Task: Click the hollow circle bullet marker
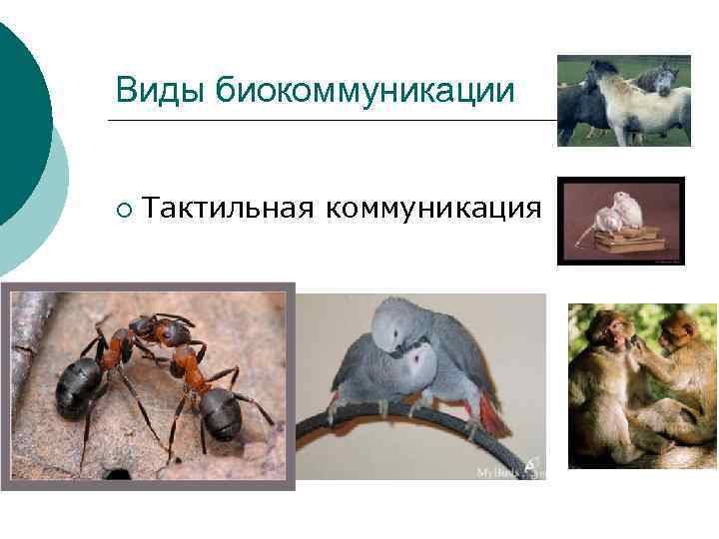(122, 209)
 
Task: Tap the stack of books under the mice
(627, 239)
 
